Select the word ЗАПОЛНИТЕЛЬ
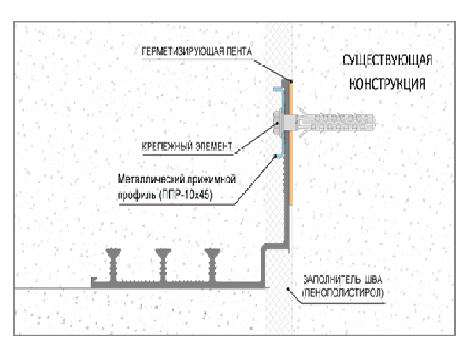point(329,280)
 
